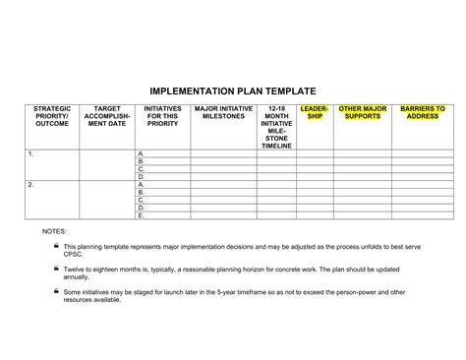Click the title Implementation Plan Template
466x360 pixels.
click(233, 87)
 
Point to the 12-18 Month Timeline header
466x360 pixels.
click(276, 128)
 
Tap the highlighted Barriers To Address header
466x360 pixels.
click(424, 113)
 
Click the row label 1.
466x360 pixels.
click(30, 154)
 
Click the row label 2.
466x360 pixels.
click(30, 185)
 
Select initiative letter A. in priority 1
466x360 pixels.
click(142, 154)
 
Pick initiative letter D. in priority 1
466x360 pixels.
click(142, 177)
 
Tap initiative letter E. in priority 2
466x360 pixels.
click(142, 215)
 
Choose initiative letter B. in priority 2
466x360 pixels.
click(142, 193)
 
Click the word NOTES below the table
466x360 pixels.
click(53, 231)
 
